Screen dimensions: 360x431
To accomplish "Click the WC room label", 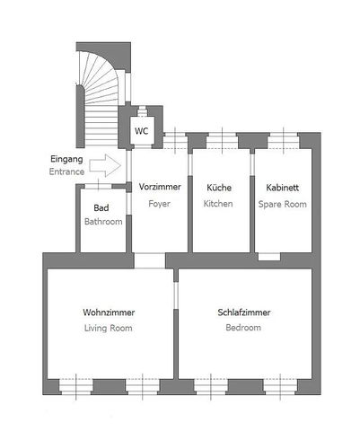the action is pyautogui.click(x=141, y=131).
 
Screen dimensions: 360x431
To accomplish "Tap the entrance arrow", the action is pyautogui.click(x=105, y=165).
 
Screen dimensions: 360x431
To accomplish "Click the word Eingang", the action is pyautogui.click(x=66, y=159).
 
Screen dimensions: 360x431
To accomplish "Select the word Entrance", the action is pyautogui.click(x=66, y=172).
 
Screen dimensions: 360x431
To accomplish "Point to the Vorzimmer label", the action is pyautogui.click(x=160, y=187).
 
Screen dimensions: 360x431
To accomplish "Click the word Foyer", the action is pyautogui.click(x=159, y=204).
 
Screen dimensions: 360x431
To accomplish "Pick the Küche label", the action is pyautogui.click(x=219, y=188).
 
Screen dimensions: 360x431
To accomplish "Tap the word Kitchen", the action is pyautogui.click(x=218, y=204).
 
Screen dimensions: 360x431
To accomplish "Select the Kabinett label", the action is pyautogui.click(x=283, y=188).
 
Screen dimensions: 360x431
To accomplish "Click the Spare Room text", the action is pyautogui.click(x=283, y=205).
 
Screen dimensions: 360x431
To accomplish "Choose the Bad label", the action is pyautogui.click(x=101, y=207).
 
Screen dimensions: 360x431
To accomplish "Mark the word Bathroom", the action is pyautogui.click(x=103, y=222).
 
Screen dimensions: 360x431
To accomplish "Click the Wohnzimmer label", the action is pyautogui.click(x=109, y=312).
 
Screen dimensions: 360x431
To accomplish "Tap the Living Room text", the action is pyautogui.click(x=109, y=328).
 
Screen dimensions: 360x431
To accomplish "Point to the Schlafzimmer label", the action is pyautogui.click(x=244, y=312).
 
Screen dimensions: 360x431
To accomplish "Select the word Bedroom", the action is pyautogui.click(x=243, y=328).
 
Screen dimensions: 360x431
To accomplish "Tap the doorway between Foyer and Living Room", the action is pyautogui.click(x=150, y=260).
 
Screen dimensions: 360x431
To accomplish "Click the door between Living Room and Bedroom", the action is pyautogui.click(x=176, y=295).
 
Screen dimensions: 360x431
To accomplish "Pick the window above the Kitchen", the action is pyautogui.click(x=222, y=141).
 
